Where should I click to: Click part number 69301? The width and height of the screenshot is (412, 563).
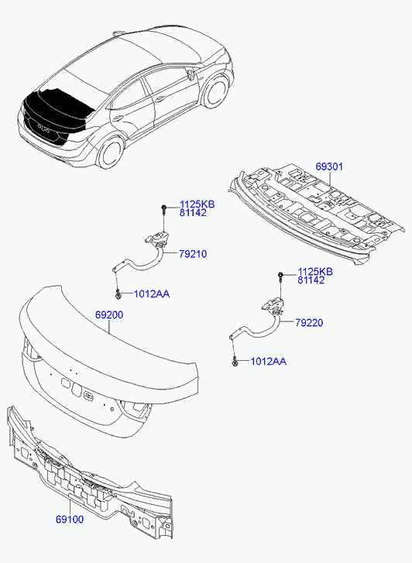tap(329, 166)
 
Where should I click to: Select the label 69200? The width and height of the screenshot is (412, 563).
tap(109, 315)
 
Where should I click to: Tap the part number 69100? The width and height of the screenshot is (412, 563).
tap(70, 519)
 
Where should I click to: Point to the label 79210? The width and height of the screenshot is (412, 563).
tap(193, 254)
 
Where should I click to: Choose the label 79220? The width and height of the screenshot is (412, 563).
tap(309, 322)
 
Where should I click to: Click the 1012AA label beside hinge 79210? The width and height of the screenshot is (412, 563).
tap(152, 294)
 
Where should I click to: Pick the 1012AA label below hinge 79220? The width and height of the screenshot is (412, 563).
tap(268, 361)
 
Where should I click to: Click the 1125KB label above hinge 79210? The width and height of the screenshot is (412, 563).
tap(197, 204)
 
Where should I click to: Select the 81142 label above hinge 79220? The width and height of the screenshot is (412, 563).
tap(311, 280)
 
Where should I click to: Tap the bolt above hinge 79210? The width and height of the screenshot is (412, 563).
tap(164, 209)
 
